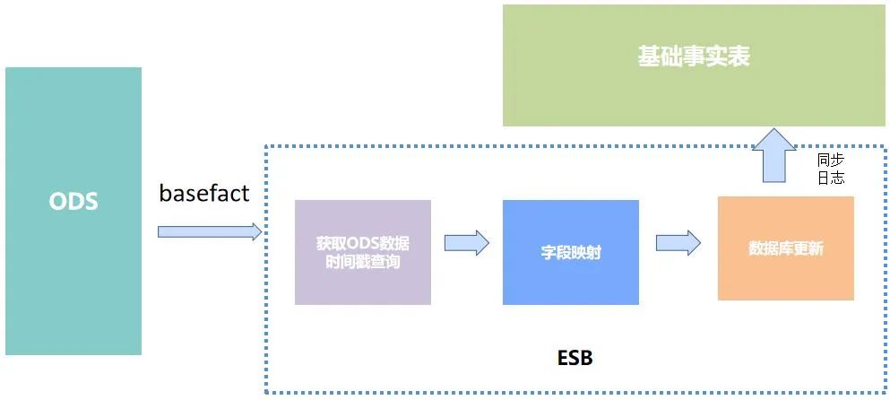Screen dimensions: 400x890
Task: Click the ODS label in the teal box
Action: (73, 202)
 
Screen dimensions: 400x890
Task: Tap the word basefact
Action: (204, 193)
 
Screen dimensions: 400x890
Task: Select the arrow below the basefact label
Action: (210, 231)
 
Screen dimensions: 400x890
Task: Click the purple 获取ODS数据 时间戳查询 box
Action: (363, 252)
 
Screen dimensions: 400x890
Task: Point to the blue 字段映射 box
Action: (570, 252)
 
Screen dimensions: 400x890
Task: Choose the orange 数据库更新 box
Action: (785, 248)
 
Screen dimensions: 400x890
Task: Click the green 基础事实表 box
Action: (694, 65)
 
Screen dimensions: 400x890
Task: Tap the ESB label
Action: (569, 359)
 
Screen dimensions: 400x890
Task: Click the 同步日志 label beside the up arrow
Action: (830, 169)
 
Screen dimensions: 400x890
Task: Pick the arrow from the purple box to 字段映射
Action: (466, 242)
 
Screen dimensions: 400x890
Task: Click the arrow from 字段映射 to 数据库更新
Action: (678, 242)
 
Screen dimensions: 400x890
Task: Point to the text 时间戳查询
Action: (363, 263)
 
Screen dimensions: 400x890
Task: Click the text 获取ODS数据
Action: (363, 243)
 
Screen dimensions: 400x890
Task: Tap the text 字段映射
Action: (570, 253)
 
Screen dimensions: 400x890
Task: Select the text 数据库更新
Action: (785, 249)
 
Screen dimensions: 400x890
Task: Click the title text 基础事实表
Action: (694, 57)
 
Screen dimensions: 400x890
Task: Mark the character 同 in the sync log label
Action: (824, 160)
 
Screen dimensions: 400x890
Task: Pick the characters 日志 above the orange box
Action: (830, 178)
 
